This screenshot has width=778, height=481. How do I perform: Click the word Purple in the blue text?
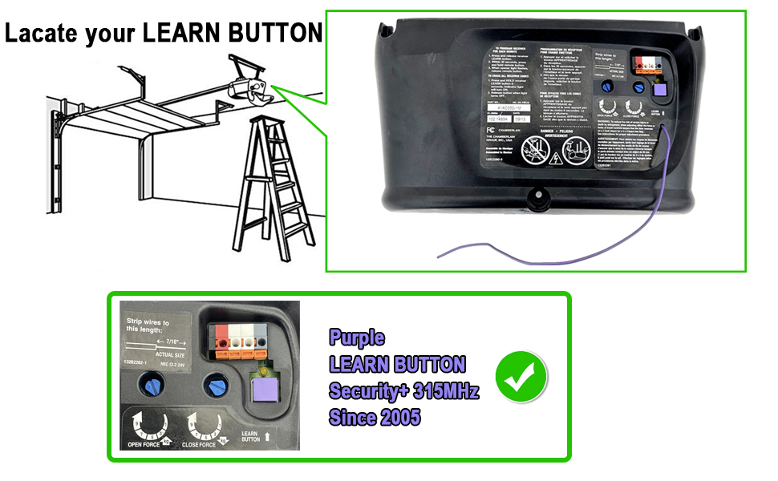coord(357,338)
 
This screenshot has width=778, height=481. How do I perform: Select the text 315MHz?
coord(444,391)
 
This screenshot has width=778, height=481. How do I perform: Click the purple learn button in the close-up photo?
coord(264,390)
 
